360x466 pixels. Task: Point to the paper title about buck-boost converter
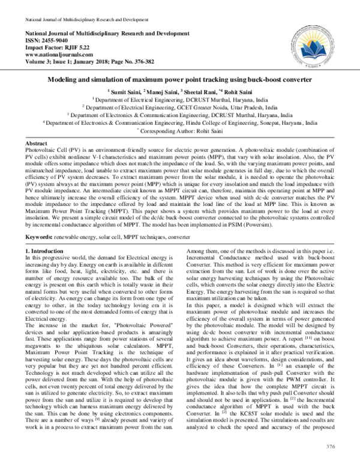179,79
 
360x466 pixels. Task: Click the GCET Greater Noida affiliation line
180,106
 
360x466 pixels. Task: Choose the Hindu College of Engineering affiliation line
180,121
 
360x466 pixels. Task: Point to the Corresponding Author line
180,129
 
